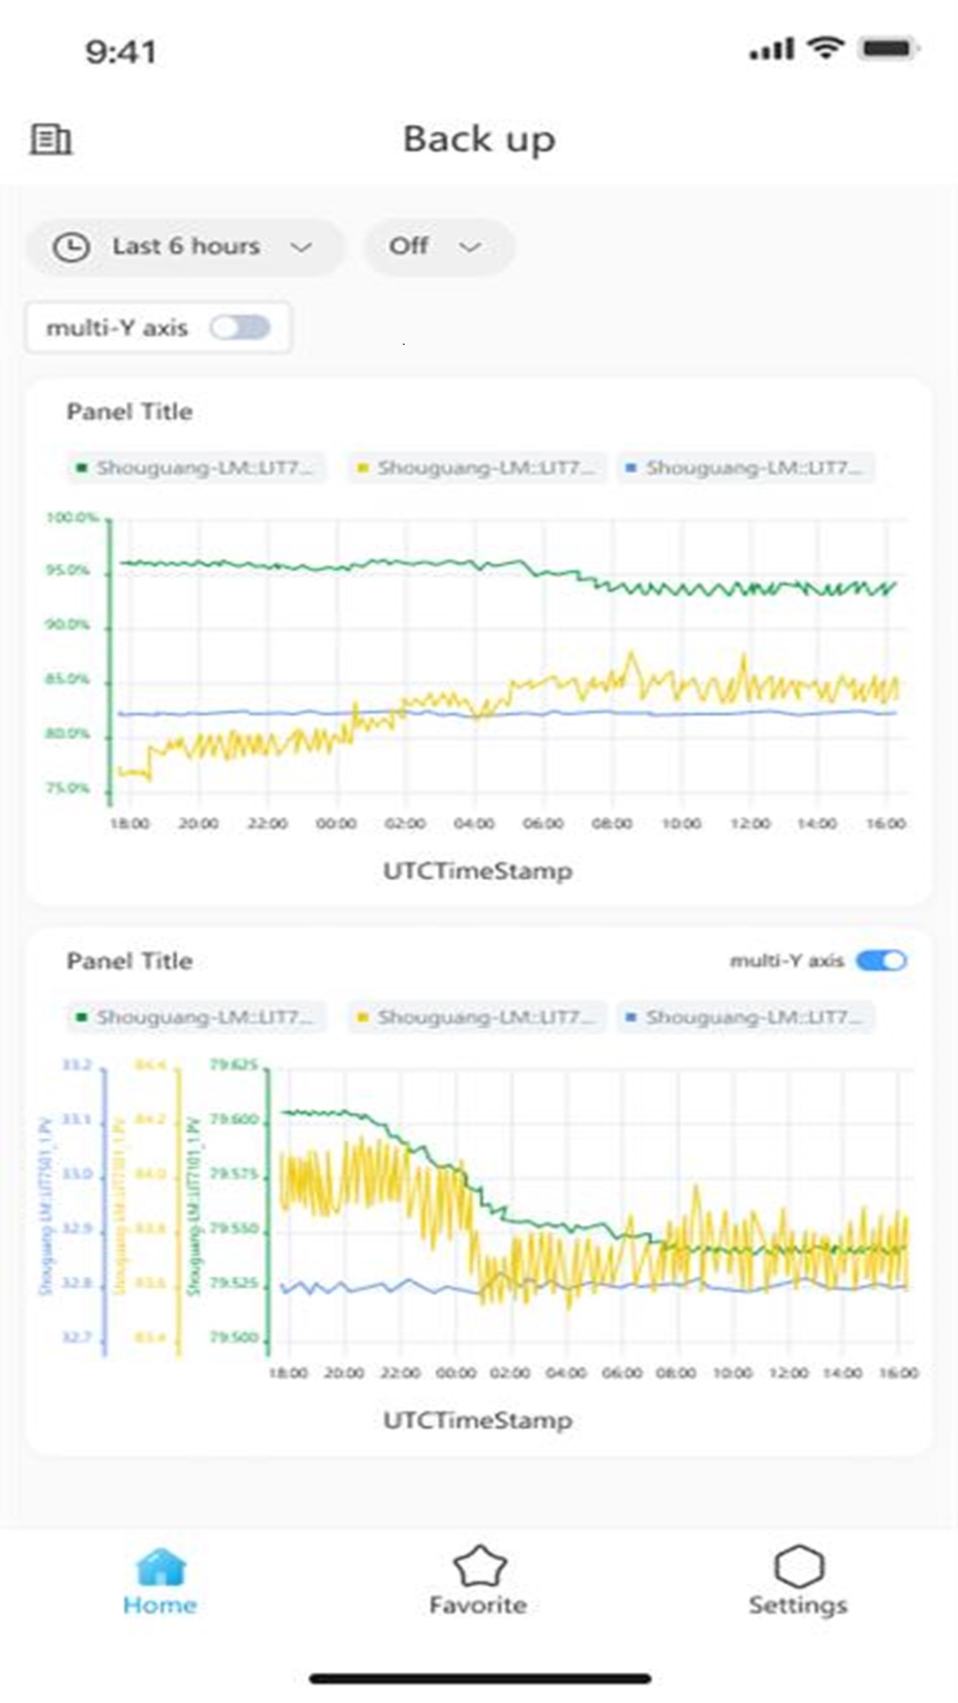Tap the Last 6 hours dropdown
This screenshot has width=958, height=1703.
[185, 247]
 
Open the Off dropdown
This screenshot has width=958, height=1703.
[438, 247]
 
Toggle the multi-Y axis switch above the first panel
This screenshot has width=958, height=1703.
[240, 328]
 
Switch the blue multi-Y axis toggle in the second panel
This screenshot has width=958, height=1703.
[881, 961]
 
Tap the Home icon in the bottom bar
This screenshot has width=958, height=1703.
[161, 1568]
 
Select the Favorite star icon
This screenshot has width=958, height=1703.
[479, 1568]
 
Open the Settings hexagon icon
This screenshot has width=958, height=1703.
[798, 1568]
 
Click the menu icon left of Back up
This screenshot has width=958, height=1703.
[51, 139]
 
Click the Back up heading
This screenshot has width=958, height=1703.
[479, 139]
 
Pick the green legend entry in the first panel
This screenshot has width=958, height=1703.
[197, 467]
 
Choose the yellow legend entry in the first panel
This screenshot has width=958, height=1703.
[477, 467]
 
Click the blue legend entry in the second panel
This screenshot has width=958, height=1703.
[745, 1016]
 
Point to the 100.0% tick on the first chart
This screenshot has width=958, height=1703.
[71, 517]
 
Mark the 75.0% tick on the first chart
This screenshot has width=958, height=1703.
[68, 789]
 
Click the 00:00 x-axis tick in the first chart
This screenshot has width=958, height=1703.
[336, 824]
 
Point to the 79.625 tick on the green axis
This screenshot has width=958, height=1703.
[234, 1064]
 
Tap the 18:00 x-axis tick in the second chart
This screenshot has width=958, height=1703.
[288, 1373]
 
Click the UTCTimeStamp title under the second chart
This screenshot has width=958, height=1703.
[477, 1420]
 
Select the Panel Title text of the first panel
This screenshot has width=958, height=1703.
[130, 412]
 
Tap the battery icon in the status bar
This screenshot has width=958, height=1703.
[888, 48]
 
